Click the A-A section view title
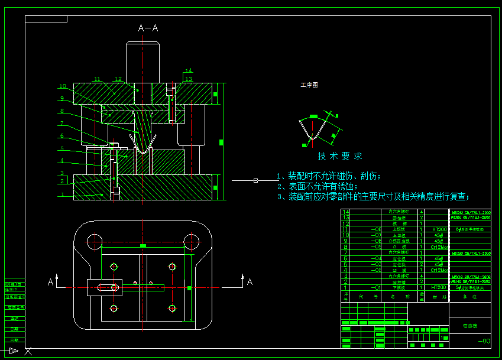(148, 28)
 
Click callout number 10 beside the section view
(62, 86)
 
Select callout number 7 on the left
(61, 124)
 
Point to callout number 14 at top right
(189, 70)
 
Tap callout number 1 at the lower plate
(61, 194)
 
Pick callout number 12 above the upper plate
(118, 79)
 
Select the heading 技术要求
(339, 157)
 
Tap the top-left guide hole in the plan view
(93, 241)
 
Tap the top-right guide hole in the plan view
(190, 241)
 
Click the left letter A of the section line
(51, 283)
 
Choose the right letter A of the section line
(250, 282)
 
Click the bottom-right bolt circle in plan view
(172, 307)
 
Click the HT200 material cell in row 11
(439, 229)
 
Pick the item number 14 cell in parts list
(346, 212)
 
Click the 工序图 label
(309, 85)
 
